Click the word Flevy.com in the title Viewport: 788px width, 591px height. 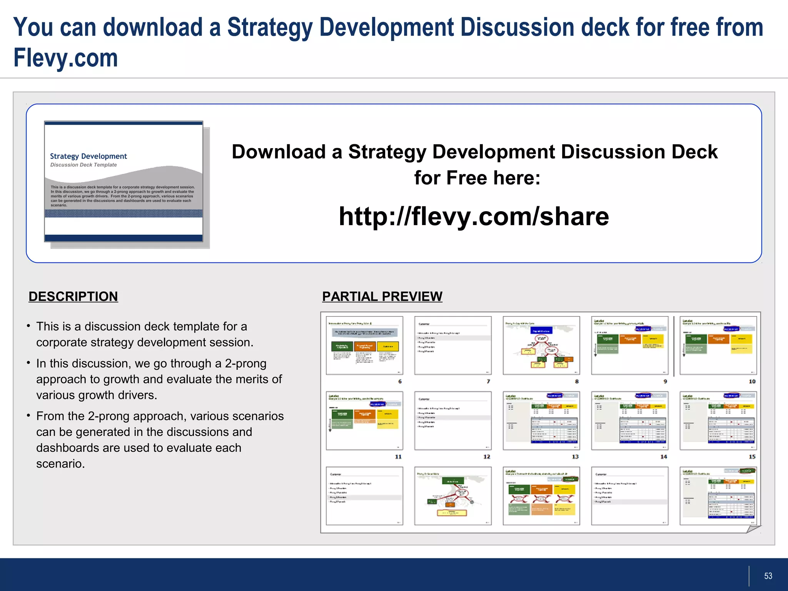coord(65,58)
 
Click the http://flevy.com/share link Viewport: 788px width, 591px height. coord(474,216)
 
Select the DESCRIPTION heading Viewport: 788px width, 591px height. coord(73,296)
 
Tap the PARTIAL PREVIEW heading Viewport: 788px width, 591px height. coord(382,296)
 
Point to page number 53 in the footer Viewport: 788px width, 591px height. coord(768,576)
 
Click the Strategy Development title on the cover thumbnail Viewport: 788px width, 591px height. coord(88,156)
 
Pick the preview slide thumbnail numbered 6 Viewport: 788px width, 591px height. coord(364,345)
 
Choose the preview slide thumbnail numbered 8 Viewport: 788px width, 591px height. coord(541,345)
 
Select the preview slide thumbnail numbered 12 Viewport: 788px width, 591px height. coord(453,420)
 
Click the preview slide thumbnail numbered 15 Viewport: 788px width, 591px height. coord(718,420)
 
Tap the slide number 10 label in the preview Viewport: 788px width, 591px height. coord(752,381)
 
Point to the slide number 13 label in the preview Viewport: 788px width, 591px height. coord(575,457)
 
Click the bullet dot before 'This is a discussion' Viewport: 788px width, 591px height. coord(28,326)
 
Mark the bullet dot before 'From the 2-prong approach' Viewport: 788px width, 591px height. coord(28,416)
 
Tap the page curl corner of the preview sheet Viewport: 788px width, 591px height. coord(753,529)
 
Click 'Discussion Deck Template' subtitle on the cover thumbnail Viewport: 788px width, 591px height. coord(83,165)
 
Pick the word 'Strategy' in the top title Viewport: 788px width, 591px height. coord(270,27)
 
